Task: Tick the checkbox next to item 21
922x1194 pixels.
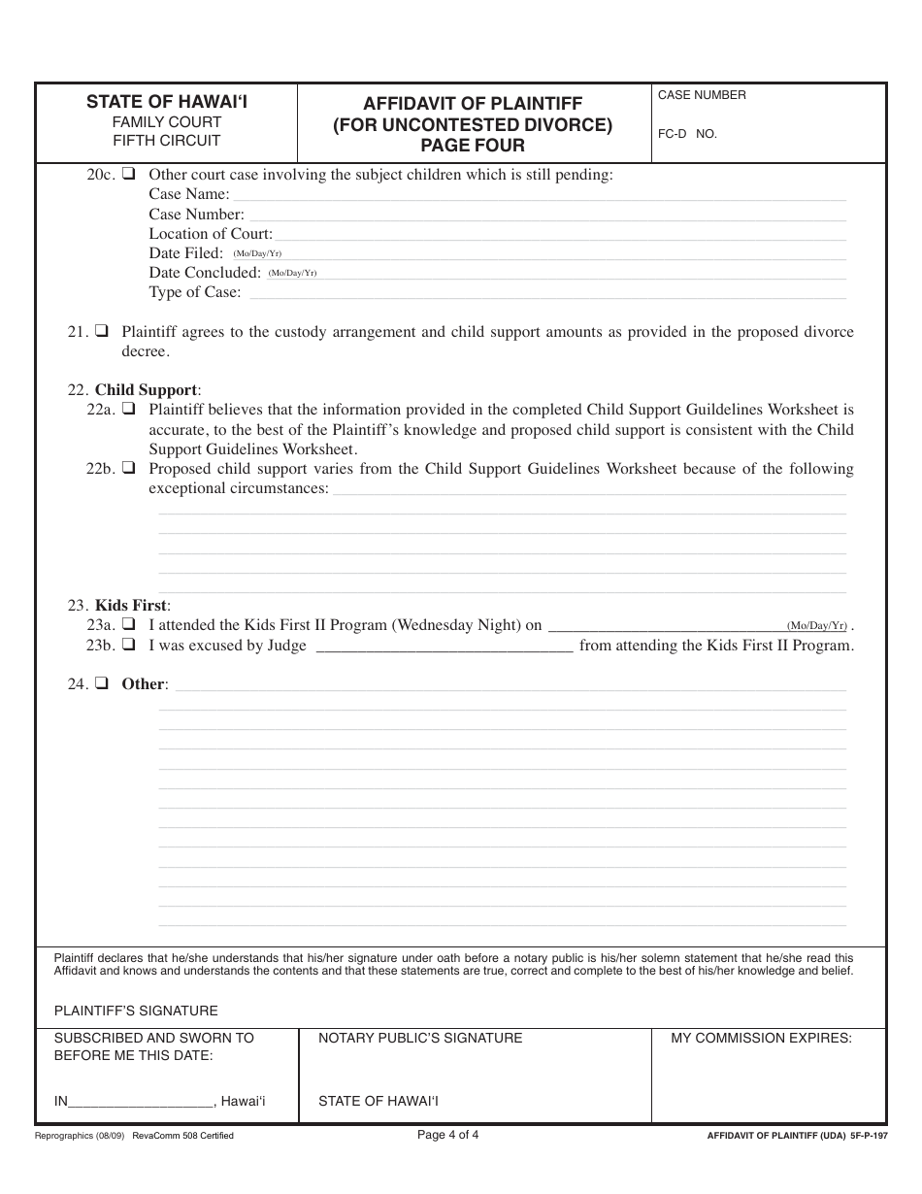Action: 101,331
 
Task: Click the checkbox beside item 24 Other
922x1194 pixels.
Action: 101,683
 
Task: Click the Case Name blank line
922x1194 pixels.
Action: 539,196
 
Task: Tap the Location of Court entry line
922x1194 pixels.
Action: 560,235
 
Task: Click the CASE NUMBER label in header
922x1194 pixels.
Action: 702,95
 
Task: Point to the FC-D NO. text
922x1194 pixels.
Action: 687,134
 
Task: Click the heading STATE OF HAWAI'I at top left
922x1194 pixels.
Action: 167,101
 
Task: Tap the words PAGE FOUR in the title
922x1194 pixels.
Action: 473,146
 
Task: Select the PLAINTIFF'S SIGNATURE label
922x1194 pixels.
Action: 136,1011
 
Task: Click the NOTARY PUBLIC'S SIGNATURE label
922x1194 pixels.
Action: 420,1038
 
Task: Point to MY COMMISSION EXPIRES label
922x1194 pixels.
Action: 761,1038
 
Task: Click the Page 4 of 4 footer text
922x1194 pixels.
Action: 447,1134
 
